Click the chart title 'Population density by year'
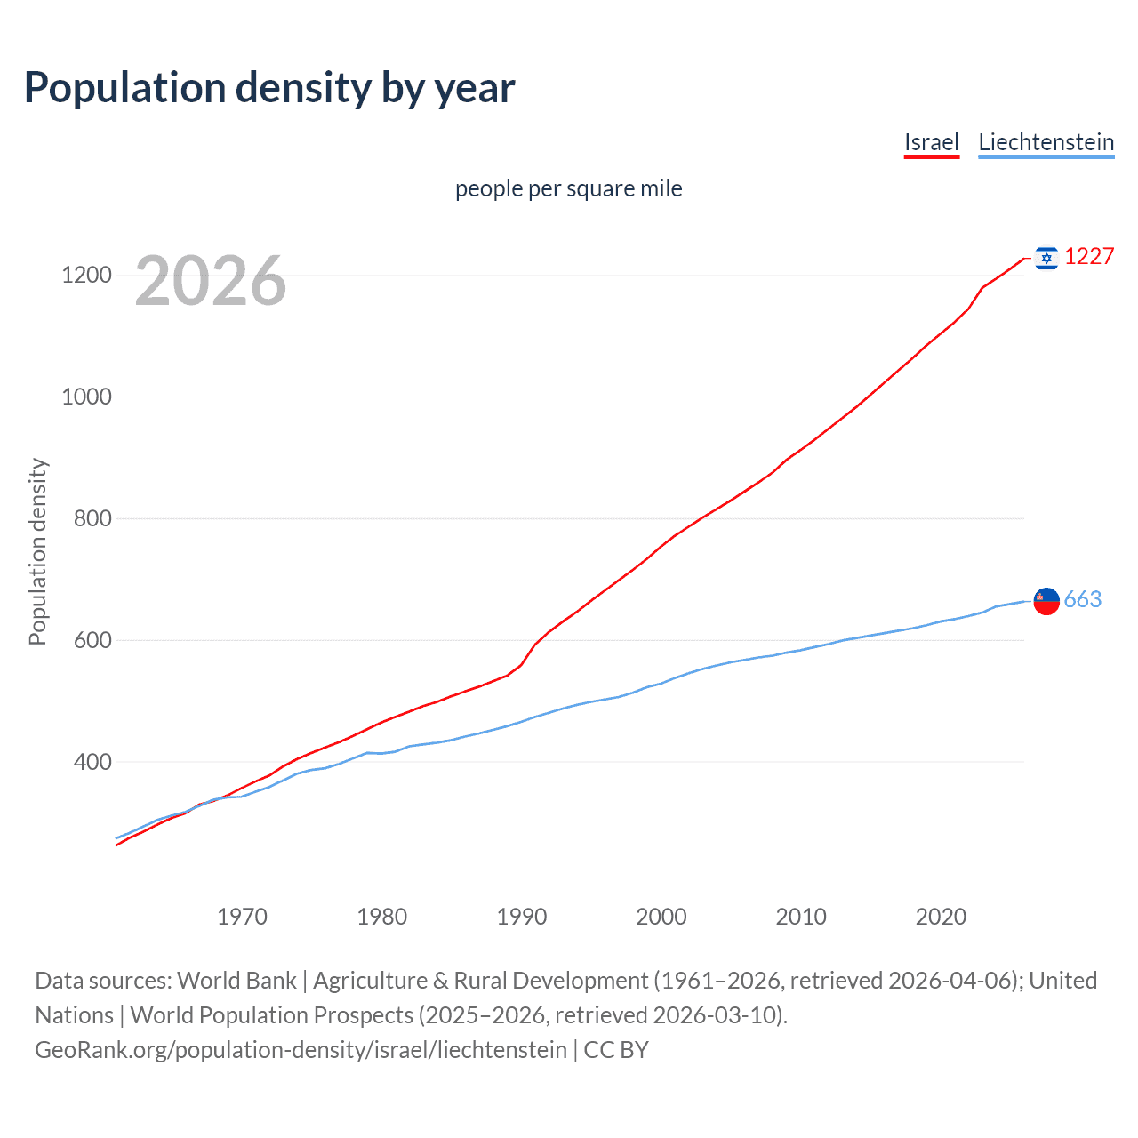(x=269, y=88)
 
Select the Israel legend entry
(x=931, y=142)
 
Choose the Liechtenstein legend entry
(x=1046, y=142)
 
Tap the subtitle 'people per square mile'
(x=569, y=188)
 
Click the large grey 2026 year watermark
(x=211, y=281)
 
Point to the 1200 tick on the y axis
(x=86, y=276)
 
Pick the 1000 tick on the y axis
(x=86, y=397)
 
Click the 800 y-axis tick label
(x=92, y=518)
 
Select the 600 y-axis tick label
(x=92, y=640)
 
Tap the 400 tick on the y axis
(x=92, y=762)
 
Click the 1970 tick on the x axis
(x=242, y=917)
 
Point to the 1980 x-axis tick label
(x=381, y=917)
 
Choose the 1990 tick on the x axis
(x=522, y=917)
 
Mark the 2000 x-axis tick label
(x=661, y=917)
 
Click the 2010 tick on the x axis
(x=801, y=917)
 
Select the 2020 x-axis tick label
(x=941, y=917)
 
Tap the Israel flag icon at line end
(x=1046, y=258)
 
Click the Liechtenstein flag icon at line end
(x=1046, y=601)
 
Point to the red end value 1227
(x=1089, y=257)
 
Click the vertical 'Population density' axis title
(x=37, y=551)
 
